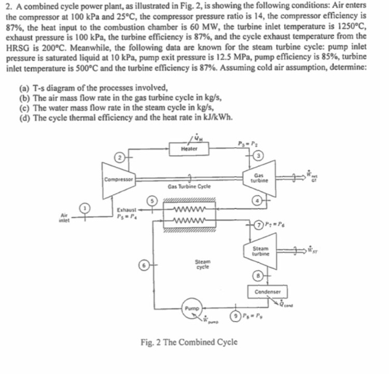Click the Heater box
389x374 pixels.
pos(189,148)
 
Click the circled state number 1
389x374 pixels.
pos(85,208)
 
